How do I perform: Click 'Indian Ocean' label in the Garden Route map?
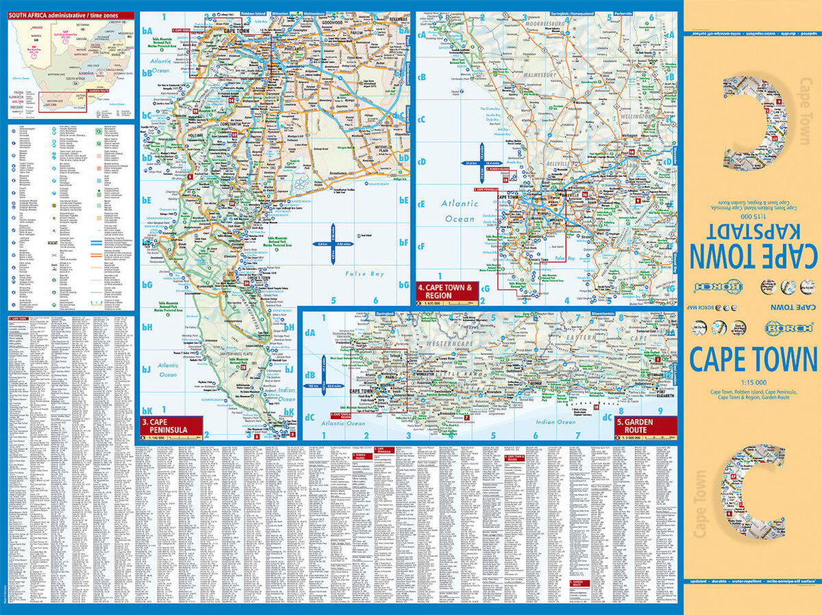pyautogui.click(x=556, y=422)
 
